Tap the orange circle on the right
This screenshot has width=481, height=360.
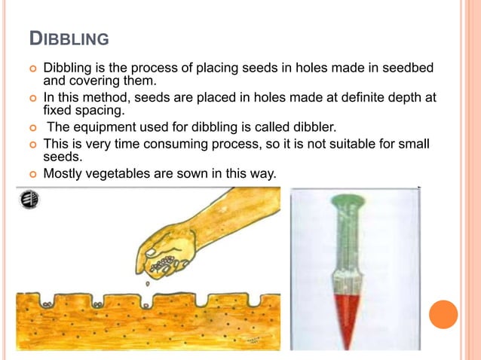(443, 314)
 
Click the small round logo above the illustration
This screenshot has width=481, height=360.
(32, 200)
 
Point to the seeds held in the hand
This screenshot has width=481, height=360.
(164, 264)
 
